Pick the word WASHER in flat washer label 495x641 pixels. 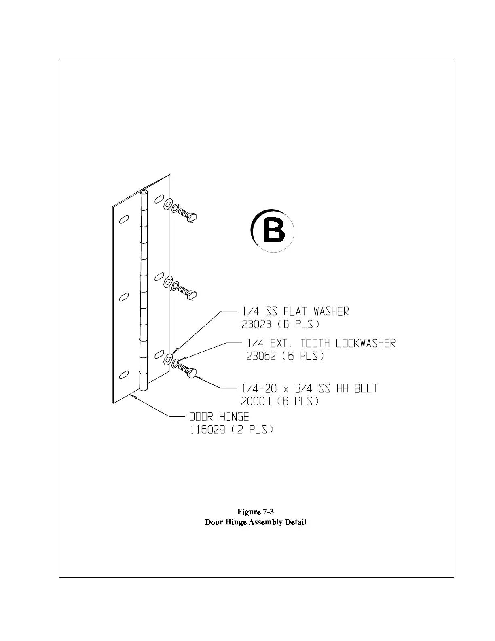331,311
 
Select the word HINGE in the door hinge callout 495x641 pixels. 235,416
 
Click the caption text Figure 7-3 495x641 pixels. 256,512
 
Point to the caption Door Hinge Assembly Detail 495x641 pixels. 256,522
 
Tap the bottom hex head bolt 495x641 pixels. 188,370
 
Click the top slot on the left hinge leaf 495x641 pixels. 123,220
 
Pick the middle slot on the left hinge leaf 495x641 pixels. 123,297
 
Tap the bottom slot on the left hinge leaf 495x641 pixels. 123,375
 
